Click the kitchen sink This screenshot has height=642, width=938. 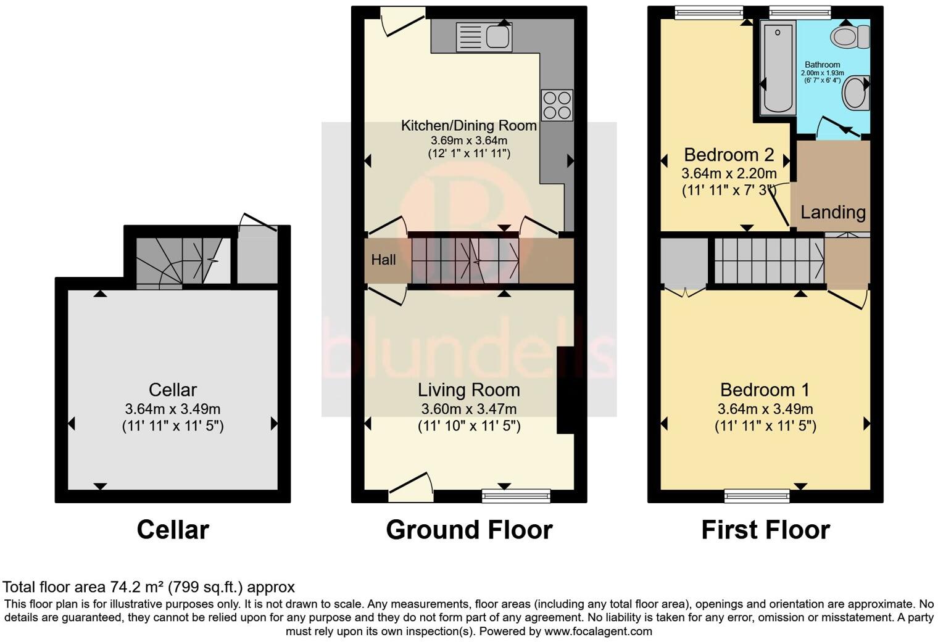click(x=484, y=36)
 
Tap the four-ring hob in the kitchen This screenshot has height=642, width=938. click(x=557, y=105)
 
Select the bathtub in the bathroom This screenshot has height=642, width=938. click(x=778, y=68)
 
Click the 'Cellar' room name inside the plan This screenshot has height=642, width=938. click(x=173, y=390)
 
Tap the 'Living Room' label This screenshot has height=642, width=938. click(x=468, y=390)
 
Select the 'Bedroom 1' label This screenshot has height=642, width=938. click(x=765, y=390)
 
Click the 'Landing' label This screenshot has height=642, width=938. click(x=832, y=212)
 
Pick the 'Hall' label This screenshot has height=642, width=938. click(x=383, y=260)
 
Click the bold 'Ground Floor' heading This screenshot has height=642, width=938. click(x=469, y=530)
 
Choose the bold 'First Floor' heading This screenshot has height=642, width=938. click(x=765, y=530)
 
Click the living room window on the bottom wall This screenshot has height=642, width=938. click(x=516, y=495)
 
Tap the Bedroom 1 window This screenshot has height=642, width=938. click(x=757, y=495)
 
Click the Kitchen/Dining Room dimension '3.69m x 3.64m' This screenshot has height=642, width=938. click(x=469, y=141)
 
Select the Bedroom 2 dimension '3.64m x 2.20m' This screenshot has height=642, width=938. click(x=729, y=174)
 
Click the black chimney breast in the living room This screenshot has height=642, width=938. click(x=566, y=390)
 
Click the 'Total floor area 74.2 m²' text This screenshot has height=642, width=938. click(x=148, y=586)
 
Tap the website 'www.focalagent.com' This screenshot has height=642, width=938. click(x=598, y=631)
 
